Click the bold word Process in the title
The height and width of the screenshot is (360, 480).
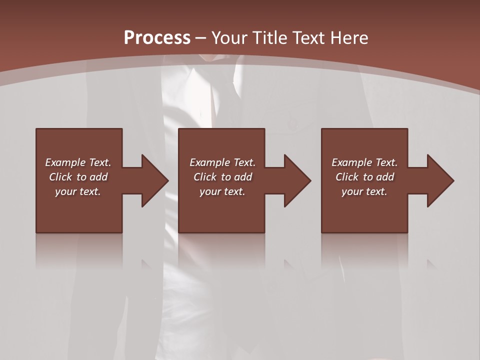click(x=157, y=38)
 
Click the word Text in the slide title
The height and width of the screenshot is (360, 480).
click(x=308, y=38)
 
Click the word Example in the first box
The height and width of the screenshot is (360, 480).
click(x=65, y=162)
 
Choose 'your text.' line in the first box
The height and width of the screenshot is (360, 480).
click(x=78, y=191)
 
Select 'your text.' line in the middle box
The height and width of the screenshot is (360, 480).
click(x=222, y=191)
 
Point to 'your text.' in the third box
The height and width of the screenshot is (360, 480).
click(x=364, y=191)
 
